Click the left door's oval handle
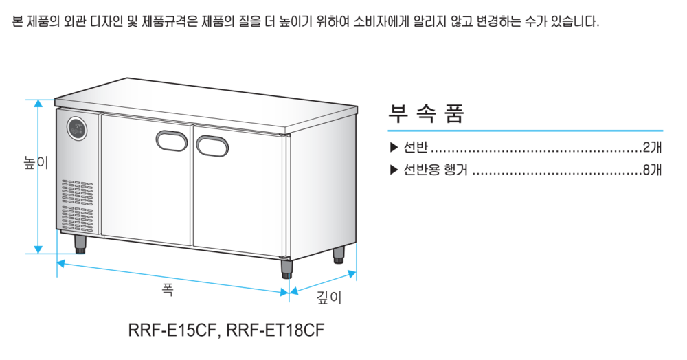172,140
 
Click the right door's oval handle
213,145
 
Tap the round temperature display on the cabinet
76,128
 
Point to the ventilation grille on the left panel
76,205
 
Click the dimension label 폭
168,289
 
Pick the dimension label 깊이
328,297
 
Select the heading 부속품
427,113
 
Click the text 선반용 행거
435,170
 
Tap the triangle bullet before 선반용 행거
394,170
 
